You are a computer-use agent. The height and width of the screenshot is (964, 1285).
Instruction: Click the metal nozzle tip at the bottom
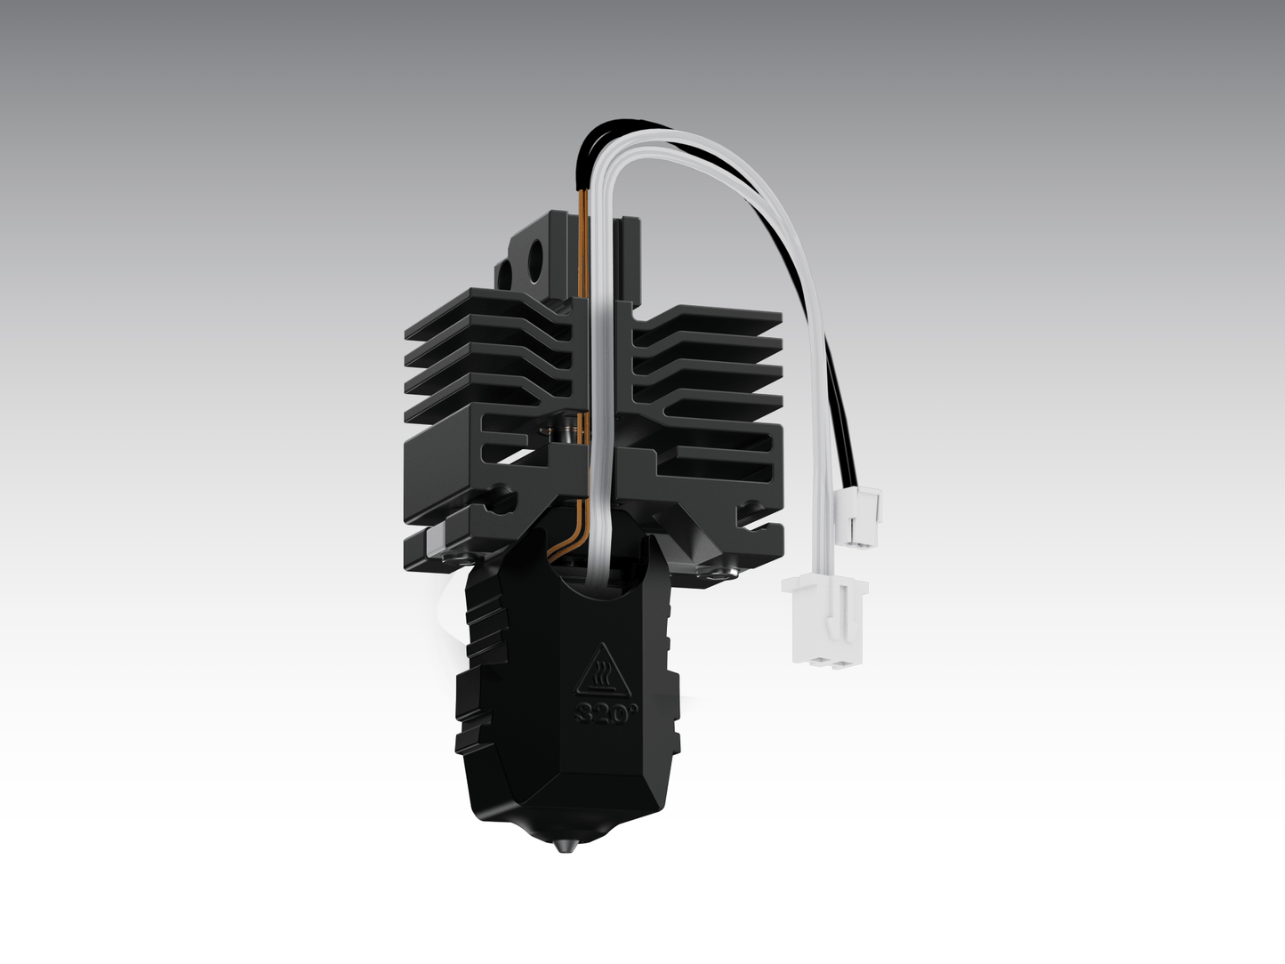[564, 846]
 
